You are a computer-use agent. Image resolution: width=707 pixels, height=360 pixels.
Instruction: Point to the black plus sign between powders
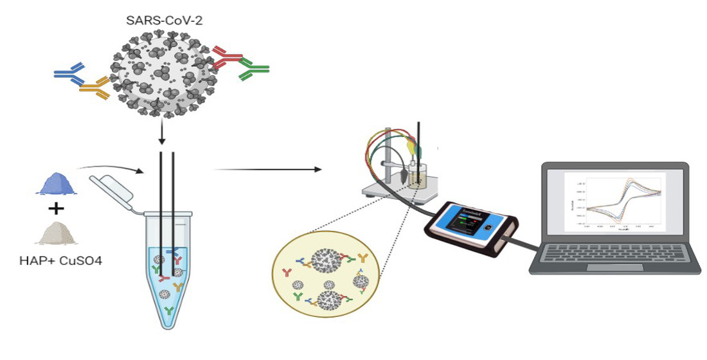click(x=57, y=208)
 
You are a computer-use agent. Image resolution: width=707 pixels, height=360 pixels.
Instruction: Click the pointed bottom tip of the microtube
click(x=168, y=325)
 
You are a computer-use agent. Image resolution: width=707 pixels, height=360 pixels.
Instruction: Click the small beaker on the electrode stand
click(x=418, y=174)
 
